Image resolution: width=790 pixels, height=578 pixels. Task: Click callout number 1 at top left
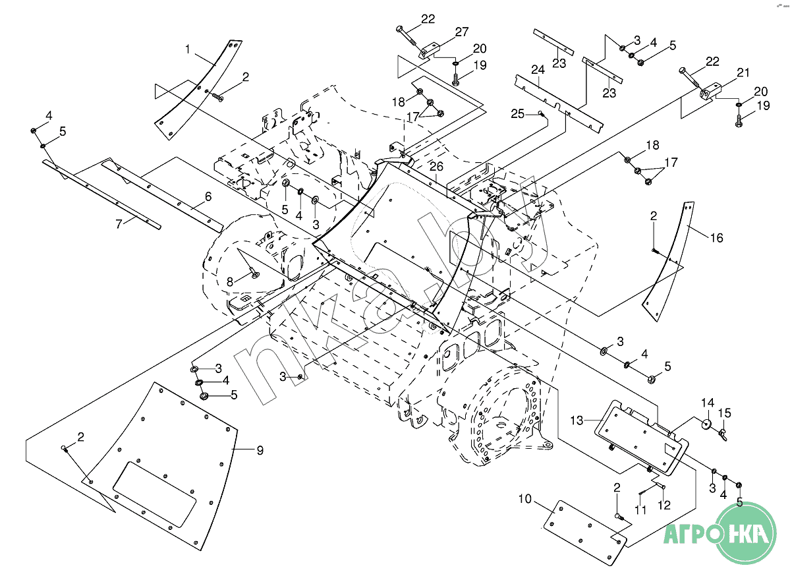coord(188,49)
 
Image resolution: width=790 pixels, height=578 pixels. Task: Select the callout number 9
coord(260,450)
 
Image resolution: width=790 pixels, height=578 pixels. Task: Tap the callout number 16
coord(716,238)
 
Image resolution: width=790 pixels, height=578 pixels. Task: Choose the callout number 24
coord(538,69)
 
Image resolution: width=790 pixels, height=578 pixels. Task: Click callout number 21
coord(743,72)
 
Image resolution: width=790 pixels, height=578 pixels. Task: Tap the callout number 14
coord(707,403)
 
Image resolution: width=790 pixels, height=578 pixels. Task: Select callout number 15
coord(724,413)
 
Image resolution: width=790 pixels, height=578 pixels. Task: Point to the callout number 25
coord(517,113)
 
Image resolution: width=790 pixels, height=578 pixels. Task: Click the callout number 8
coord(229,281)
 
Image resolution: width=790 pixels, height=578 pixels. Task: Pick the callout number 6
coord(208,196)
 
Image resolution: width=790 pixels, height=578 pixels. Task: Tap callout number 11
coord(641,509)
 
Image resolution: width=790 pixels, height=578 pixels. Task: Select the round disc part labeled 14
coord(706,423)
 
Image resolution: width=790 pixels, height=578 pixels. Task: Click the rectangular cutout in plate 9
coord(155,493)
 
